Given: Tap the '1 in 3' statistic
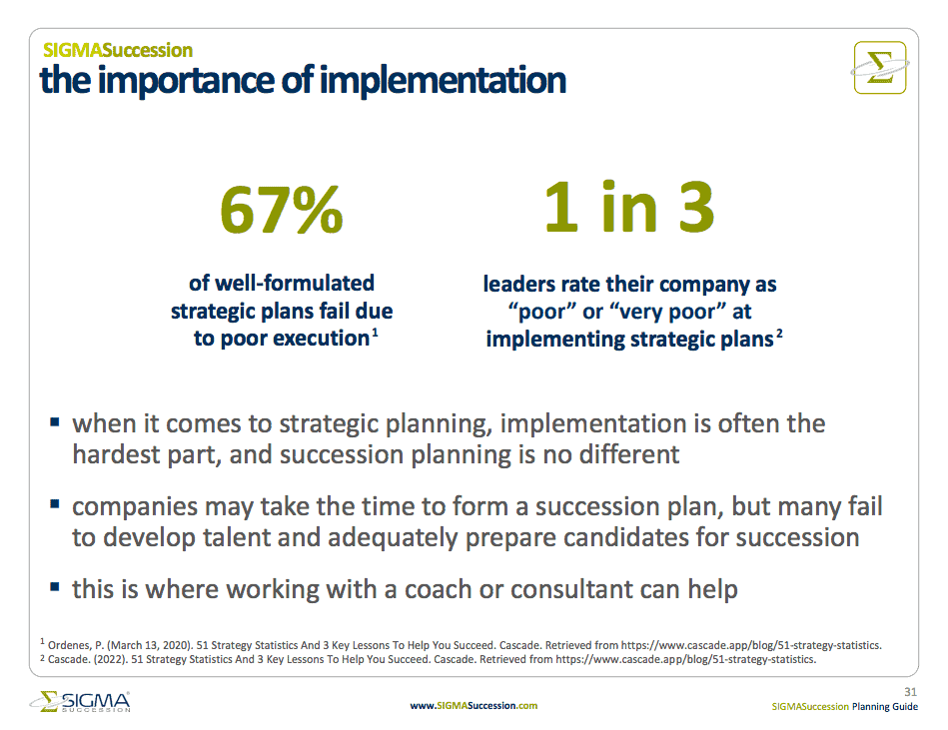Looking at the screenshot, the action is tap(628, 208).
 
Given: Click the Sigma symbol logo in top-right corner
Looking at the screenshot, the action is tap(880, 68).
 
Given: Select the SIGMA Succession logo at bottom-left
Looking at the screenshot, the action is tap(80, 702).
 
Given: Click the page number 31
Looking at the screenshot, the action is tap(910, 692).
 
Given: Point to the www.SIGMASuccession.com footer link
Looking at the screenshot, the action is tap(474, 705).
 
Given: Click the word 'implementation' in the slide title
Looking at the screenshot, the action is tap(443, 81).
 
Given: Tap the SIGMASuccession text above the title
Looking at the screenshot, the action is tap(118, 50).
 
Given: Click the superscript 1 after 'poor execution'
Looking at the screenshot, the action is tap(375, 332).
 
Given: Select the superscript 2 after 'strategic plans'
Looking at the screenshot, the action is tap(779, 333).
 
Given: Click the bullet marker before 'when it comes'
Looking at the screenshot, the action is tap(54, 421).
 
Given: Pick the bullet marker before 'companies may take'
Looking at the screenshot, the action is tap(54, 503).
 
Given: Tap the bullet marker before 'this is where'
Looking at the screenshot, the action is tap(54, 586).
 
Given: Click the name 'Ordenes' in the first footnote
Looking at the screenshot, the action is tap(69, 645).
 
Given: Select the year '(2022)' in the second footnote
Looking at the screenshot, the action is tap(110, 659).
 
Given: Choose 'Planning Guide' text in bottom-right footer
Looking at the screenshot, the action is tap(884, 706).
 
